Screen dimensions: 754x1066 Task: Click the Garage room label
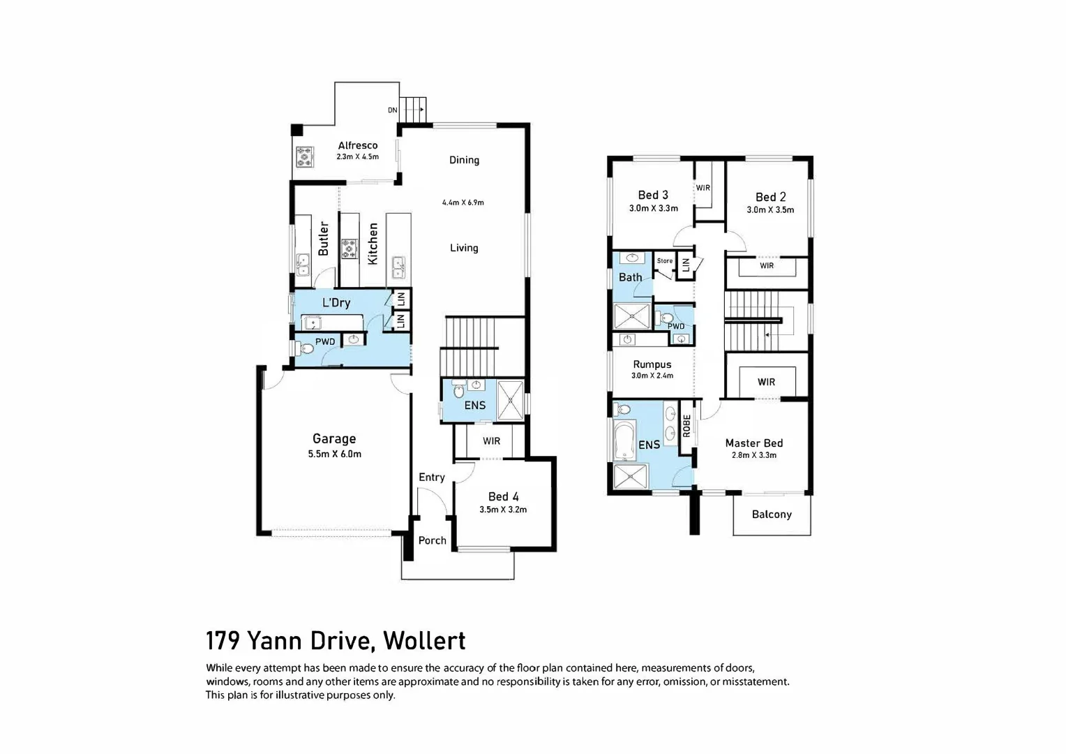[333, 438]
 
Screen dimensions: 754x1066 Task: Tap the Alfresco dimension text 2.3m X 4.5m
[357, 157]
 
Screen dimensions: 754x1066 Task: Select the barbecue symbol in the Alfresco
[304, 156]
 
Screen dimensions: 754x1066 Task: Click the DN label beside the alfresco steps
[393, 110]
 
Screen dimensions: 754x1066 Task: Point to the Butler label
[323, 239]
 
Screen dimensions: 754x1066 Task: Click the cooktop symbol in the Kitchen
[350, 249]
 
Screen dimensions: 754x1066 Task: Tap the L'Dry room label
[336, 302]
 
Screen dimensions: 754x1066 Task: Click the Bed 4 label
[503, 496]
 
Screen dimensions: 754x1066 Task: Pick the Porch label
[432, 540]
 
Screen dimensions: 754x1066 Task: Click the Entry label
[431, 477]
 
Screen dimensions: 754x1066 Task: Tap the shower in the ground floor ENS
[510, 401]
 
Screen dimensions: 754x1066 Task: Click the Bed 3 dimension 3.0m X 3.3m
[653, 208]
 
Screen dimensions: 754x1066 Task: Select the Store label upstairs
[665, 261]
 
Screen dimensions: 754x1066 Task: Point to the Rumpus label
[652, 364]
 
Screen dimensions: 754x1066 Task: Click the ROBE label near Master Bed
[686, 426]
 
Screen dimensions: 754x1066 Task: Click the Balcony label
[772, 515]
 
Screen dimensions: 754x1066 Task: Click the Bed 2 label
[770, 197]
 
